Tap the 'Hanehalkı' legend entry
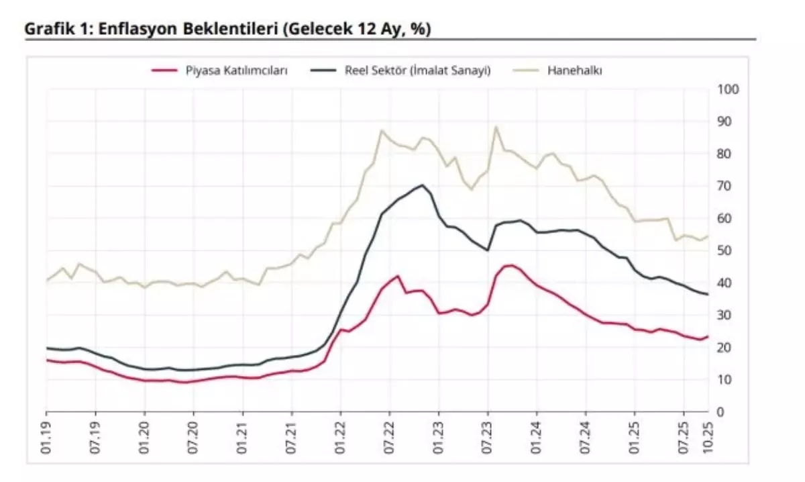(574, 70)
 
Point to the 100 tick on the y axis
(728, 89)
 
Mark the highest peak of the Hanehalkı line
(496, 127)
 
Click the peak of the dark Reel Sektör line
(423, 185)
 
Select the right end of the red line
(708, 336)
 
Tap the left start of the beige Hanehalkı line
(47, 280)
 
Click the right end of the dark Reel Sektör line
(708, 294)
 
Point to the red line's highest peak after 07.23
(510, 265)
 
